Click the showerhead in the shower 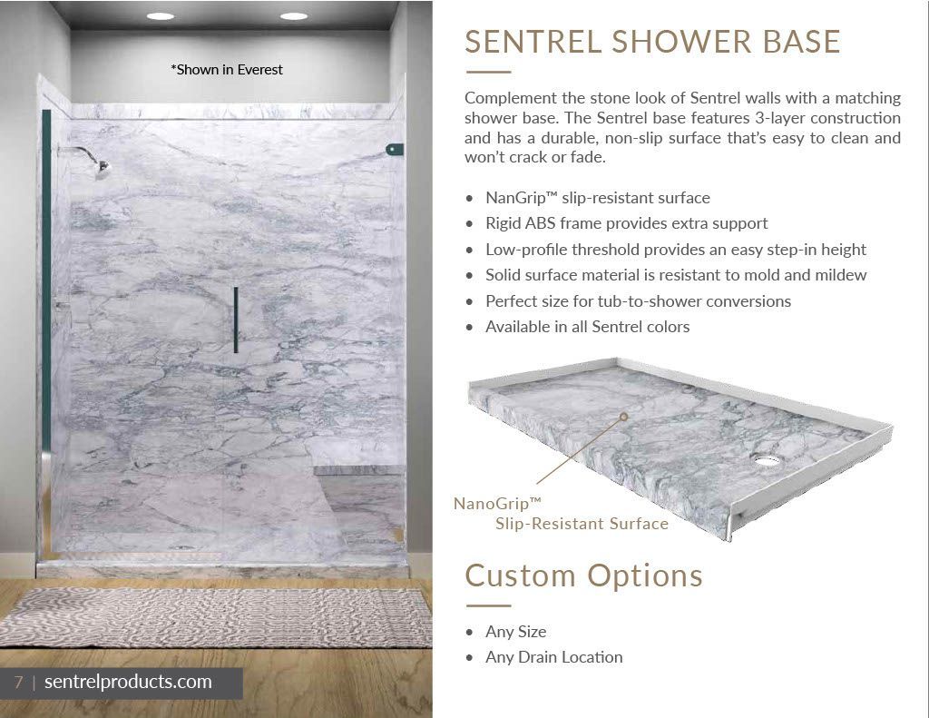tap(102, 169)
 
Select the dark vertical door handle tap(236, 320)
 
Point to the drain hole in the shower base tap(768, 459)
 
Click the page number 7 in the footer tap(18, 682)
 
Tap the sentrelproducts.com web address tap(128, 682)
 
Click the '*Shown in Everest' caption tap(227, 70)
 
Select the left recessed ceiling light tap(161, 16)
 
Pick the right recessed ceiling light tap(294, 16)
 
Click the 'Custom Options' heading tap(583, 576)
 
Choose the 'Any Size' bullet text tap(515, 632)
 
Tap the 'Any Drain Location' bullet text tap(554, 657)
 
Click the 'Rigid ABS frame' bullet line tap(626, 223)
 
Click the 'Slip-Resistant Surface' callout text tap(582, 524)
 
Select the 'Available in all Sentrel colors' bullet tap(587, 327)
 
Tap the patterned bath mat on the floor tap(216, 617)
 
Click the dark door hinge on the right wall tap(395, 150)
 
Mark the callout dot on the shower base tap(623, 417)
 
